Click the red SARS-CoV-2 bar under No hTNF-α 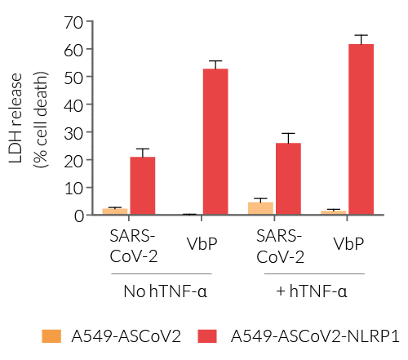click(142, 185)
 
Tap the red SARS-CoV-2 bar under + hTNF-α click(288, 179)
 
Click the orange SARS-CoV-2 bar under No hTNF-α click(115, 211)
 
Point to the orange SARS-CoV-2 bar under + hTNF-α click(260, 208)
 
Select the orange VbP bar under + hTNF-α click(334, 212)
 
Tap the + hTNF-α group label click(313, 291)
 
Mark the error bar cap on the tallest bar click(361, 35)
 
